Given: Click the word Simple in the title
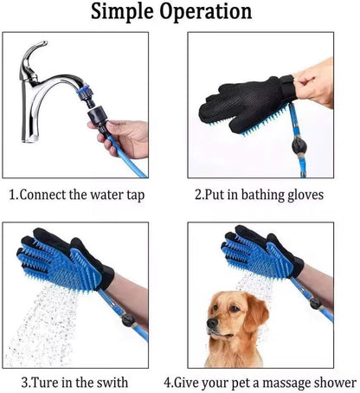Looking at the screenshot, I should pos(129,13).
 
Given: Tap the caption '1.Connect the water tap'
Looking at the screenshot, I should pos(77,195).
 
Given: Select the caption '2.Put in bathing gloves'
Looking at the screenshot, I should pos(259,195).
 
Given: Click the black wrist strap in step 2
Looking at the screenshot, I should pos(283,87).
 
